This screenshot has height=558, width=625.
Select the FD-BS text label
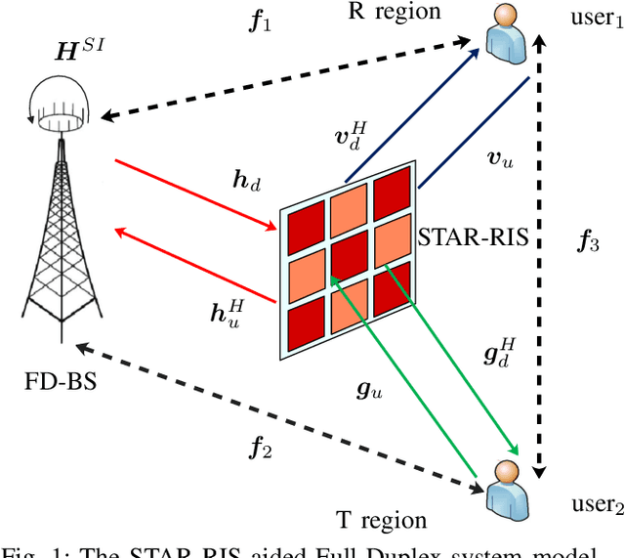58,378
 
